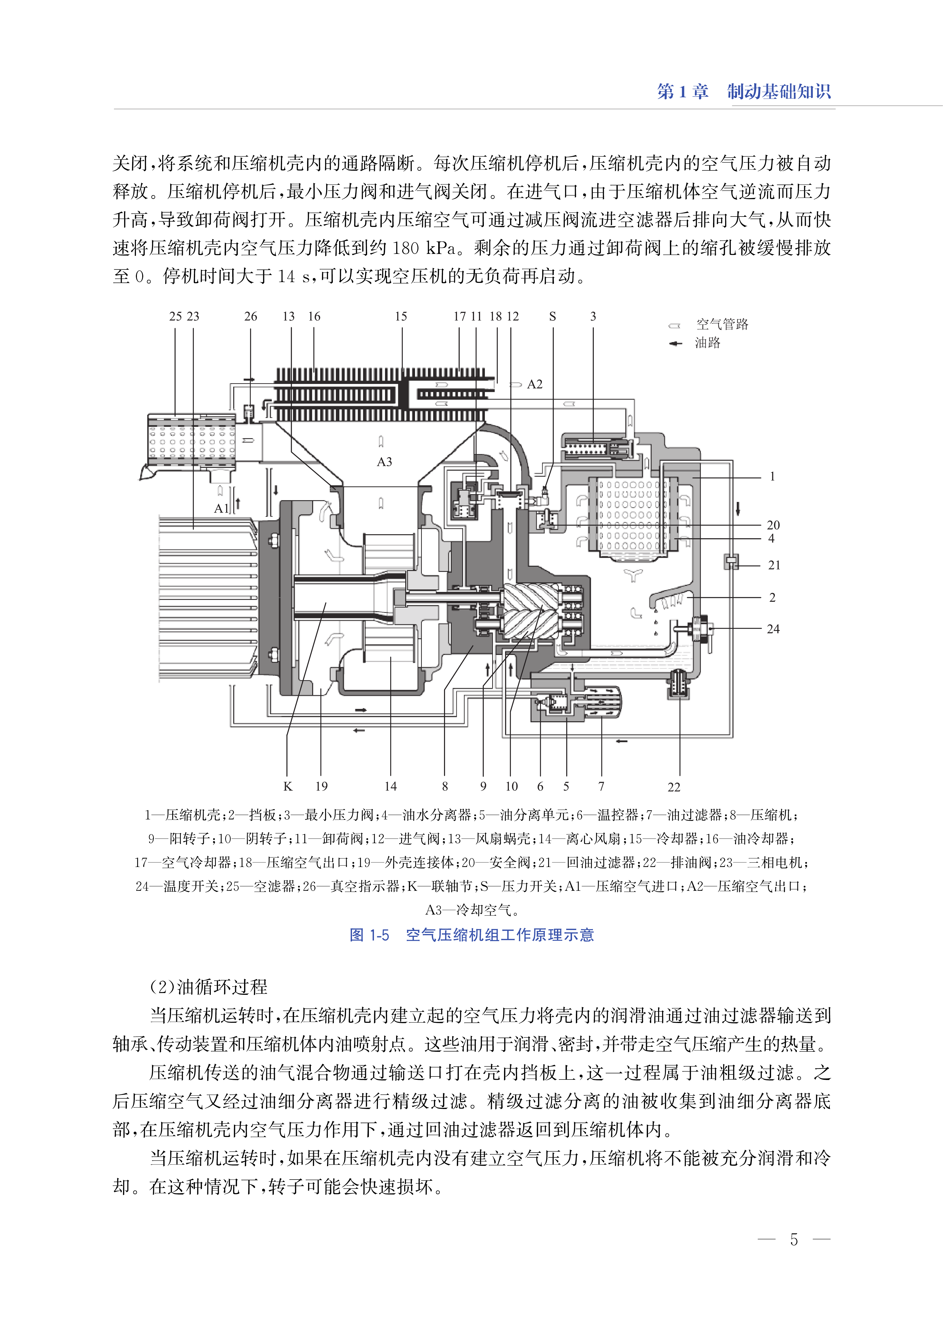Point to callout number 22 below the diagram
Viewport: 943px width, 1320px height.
673,787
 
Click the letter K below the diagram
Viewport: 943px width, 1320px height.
287,787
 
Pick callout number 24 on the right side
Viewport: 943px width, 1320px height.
773,629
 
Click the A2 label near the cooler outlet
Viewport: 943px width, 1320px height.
534,384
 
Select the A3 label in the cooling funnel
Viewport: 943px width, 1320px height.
385,462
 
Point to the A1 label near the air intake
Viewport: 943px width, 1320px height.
221,508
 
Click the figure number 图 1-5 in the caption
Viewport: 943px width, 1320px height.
369,935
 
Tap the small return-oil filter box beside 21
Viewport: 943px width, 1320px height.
731,562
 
